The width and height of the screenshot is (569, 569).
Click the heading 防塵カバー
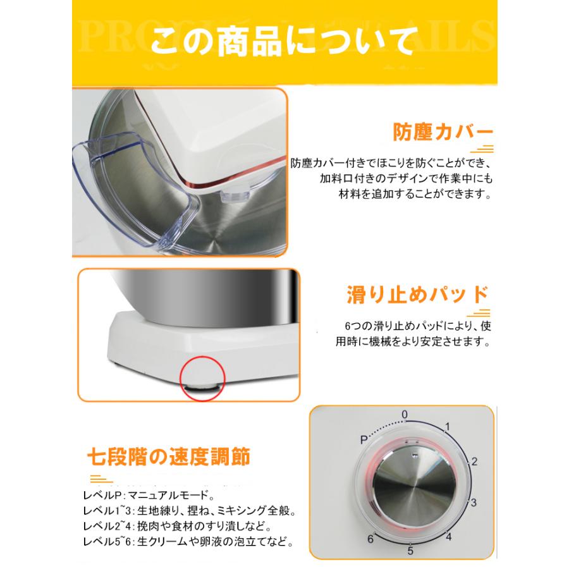tap(443, 134)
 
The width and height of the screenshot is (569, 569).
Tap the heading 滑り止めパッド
tap(417, 295)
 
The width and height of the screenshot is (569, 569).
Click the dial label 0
tap(405, 415)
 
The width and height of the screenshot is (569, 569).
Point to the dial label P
tap(364, 438)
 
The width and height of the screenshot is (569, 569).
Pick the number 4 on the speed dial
tap(448, 537)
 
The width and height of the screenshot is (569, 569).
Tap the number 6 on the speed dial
tap(371, 538)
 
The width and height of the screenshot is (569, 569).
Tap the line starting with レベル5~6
tap(188, 541)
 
